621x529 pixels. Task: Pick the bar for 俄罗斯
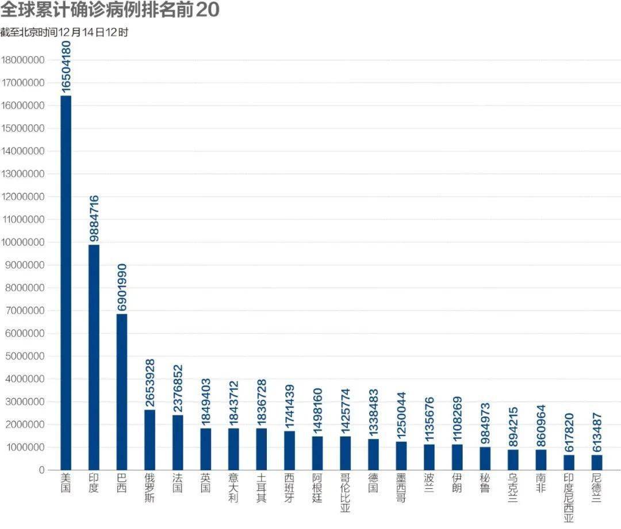(149, 439)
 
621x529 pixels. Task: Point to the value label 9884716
(94, 218)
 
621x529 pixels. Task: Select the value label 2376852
(178, 387)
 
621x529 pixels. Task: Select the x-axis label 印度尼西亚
(569, 497)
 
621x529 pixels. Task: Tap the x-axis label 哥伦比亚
(345, 492)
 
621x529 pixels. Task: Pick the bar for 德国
(373, 454)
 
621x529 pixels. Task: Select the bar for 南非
(540, 460)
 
